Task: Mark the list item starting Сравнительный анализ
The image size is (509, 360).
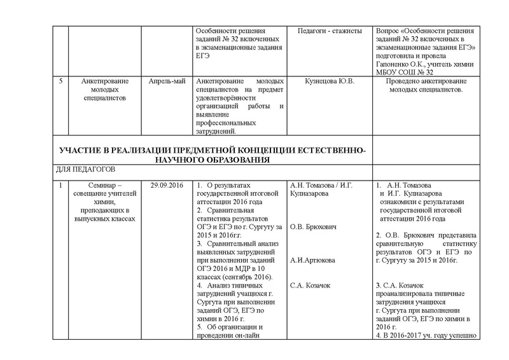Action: click(x=235, y=244)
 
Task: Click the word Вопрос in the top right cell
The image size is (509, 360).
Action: click(x=389, y=31)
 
